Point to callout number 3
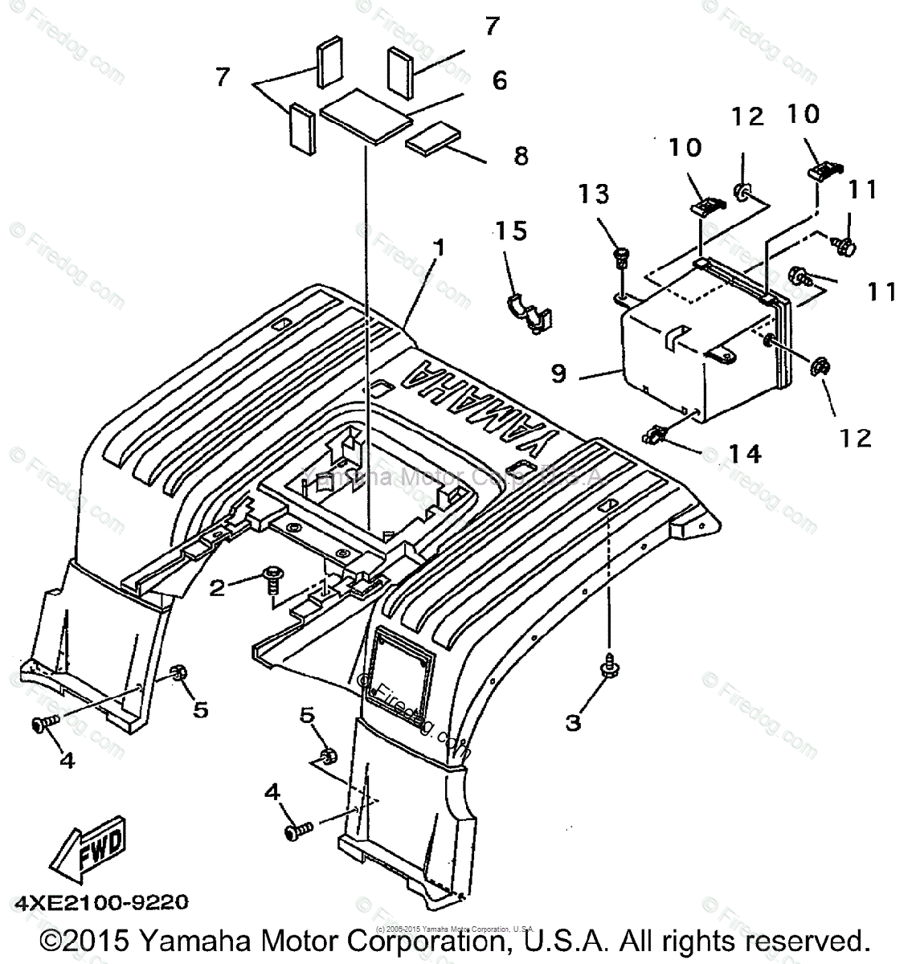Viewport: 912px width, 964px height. click(x=572, y=722)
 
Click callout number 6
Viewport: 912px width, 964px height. click(x=500, y=80)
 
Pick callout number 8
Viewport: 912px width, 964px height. click(x=521, y=155)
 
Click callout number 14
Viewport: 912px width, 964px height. click(x=743, y=455)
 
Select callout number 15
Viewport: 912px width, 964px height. click(x=511, y=231)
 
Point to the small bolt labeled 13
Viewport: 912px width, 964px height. click(x=620, y=257)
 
